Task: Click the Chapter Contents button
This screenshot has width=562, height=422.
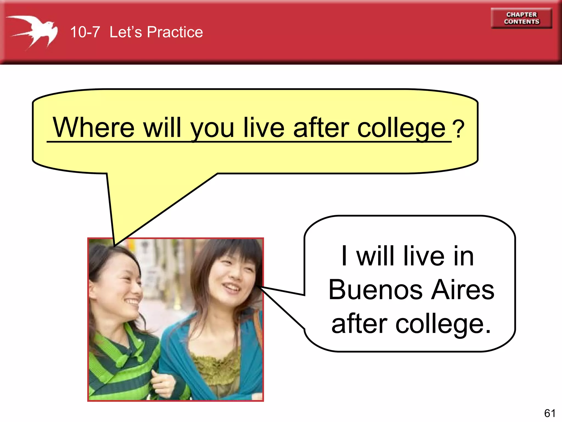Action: click(521, 18)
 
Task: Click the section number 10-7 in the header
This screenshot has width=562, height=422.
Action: click(85, 32)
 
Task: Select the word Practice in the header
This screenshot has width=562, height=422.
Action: click(175, 32)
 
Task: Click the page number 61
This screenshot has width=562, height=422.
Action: click(550, 413)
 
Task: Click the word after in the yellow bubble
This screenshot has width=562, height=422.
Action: click(321, 127)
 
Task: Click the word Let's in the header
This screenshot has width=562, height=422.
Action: click(126, 32)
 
